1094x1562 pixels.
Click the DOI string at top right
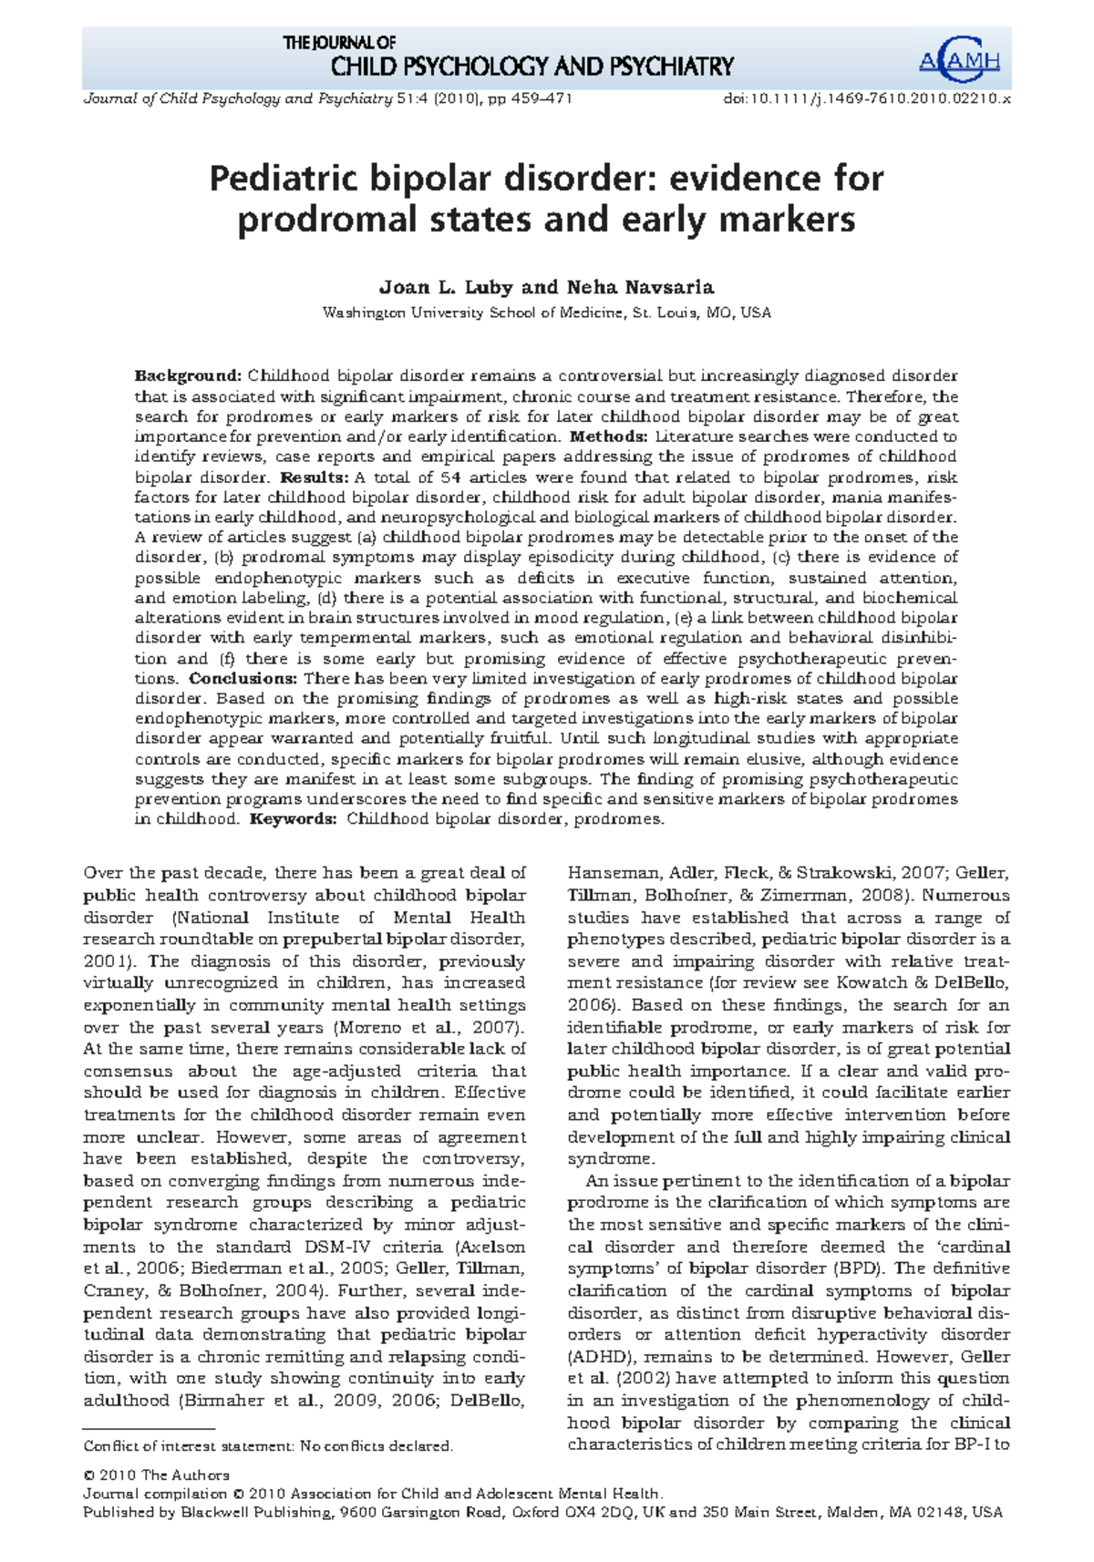(866, 98)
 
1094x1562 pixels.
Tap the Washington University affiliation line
(547, 313)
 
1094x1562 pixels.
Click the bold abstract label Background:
(188, 376)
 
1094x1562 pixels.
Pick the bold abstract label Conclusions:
(243, 678)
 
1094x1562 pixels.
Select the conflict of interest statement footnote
(268, 1446)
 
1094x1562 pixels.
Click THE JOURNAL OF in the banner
(339, 42)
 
